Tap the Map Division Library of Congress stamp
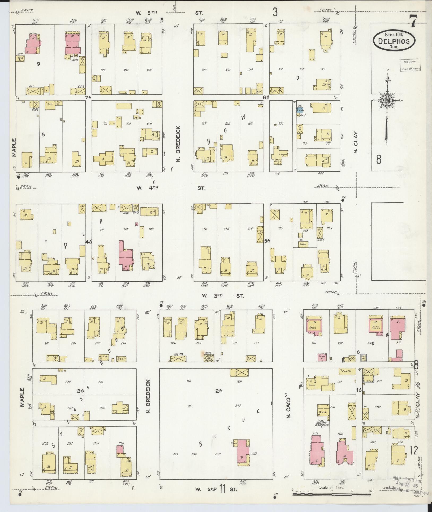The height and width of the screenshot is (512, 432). pos(410,65)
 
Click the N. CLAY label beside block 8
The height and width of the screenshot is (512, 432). pos(356,143)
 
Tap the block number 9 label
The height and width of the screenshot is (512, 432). pos(38,64)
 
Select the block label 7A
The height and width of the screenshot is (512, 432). pos(88,98)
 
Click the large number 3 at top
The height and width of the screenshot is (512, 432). pos(275,12)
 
